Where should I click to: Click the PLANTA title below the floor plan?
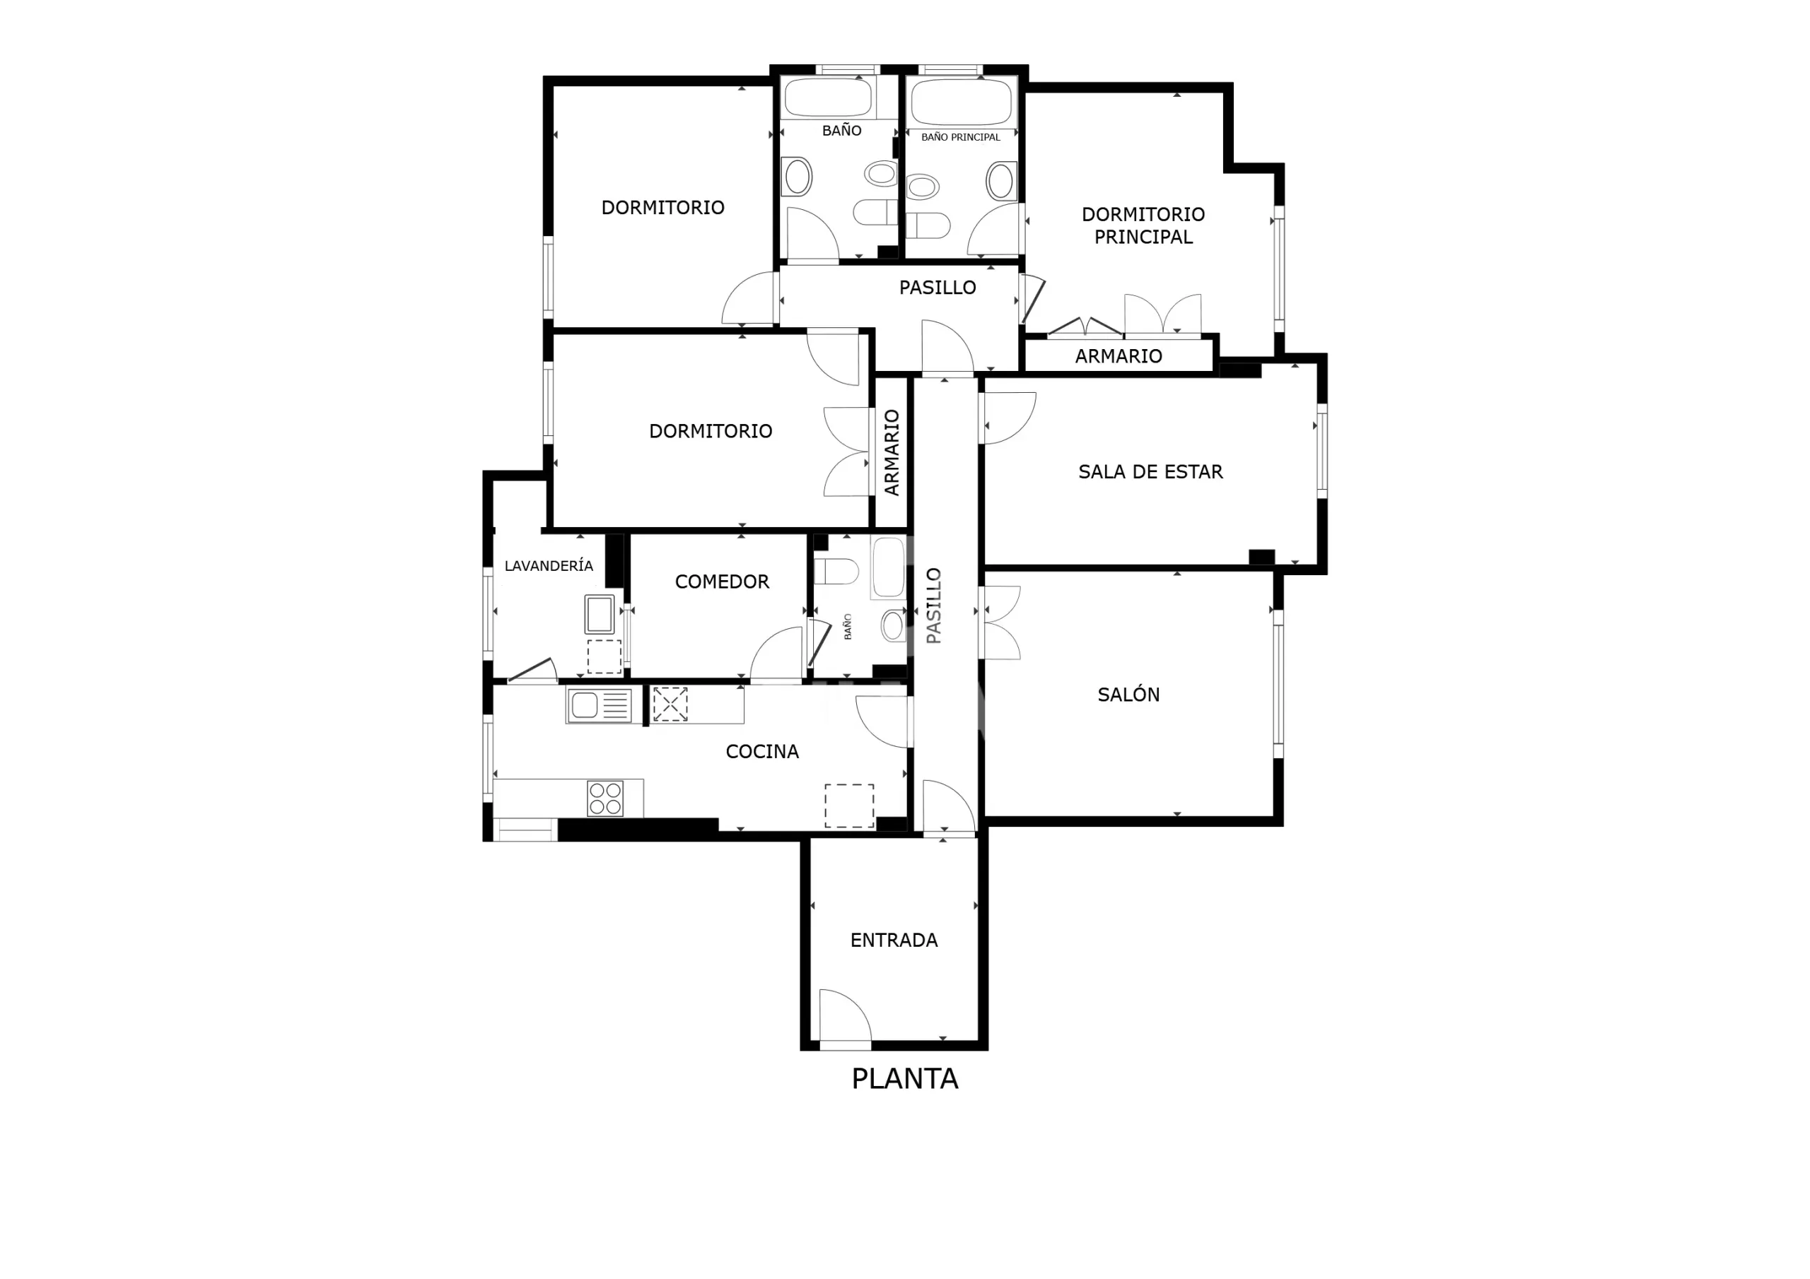[904, 1079]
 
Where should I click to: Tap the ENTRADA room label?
[894, 940]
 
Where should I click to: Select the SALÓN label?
[1128, 695]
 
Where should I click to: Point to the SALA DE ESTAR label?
[1150, 472]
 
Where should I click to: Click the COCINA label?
[762, 752]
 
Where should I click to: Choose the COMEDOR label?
[721, 582]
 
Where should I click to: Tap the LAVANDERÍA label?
[549, 565]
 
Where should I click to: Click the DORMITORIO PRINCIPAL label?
[1143, 225]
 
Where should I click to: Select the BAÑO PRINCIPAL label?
[960, 137]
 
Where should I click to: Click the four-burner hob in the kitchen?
[605, 798]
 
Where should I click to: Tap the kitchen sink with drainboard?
[599, 705]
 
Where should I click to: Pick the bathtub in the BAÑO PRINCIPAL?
[961, 101]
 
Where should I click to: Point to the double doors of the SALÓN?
[1002, 623]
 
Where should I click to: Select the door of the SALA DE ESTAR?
[1010, 418]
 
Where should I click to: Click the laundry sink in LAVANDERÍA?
[599, 614]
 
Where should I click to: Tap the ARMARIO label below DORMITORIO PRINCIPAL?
[1119, 356]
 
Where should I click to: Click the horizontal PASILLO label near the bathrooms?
[938, 288]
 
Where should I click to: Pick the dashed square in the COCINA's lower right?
[849, 806]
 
